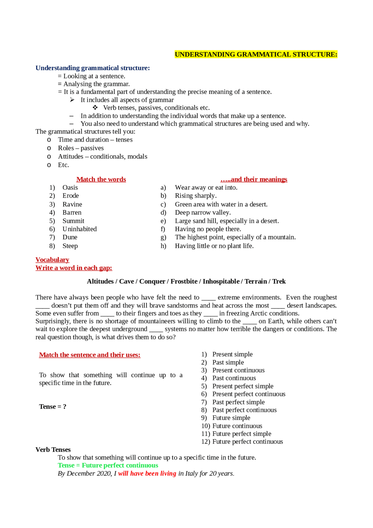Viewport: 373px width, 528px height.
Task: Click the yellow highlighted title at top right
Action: pyautogui.click(x=256, y=55)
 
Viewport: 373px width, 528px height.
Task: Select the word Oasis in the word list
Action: pyautogui.click(x=70, y=187)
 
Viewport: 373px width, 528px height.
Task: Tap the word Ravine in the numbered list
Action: pyautogui.click(x=72, y=204)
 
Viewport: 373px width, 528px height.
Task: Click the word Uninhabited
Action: pyautogui.click(x=80, y=229)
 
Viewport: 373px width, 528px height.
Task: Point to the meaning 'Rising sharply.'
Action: pyautogui.click(x=196, y=196)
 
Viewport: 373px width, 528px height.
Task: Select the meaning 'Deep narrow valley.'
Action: pyautogui.click(x=203, y=213)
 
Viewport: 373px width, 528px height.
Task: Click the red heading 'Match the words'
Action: pyautogui.click(x=101, y=179)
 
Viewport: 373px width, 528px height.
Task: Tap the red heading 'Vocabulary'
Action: pyautogui.click(x=52, y=260)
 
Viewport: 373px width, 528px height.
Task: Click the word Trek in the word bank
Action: pyautogui.click(x=279, y=281)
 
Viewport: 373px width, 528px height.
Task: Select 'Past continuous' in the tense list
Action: pyautogui.click(x=234, y=378)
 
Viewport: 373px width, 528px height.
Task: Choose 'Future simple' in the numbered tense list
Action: pyautogui.click(x=231, y=418)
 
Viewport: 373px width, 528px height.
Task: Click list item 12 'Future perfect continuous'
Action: pyautogui.click(x=247, y=442)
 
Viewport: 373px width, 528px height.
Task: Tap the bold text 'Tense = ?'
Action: pyautogui.click(x=53, y=407)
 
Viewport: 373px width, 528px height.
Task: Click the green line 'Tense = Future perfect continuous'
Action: pyautogui.click(x=108, y=465)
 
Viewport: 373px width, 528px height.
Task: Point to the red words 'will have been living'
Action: pyautogui.click(x=147, y=473)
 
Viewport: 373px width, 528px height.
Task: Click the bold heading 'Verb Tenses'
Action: pyautogui.click(x=53, y=450)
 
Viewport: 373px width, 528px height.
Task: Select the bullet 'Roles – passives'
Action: pyautogui.click(x=81, y=148)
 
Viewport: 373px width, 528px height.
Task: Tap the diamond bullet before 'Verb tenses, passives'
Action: pyautogui.click(x=95, y=108)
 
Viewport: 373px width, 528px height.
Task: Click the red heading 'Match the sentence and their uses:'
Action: pyautogui.click(x=90, y=355)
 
